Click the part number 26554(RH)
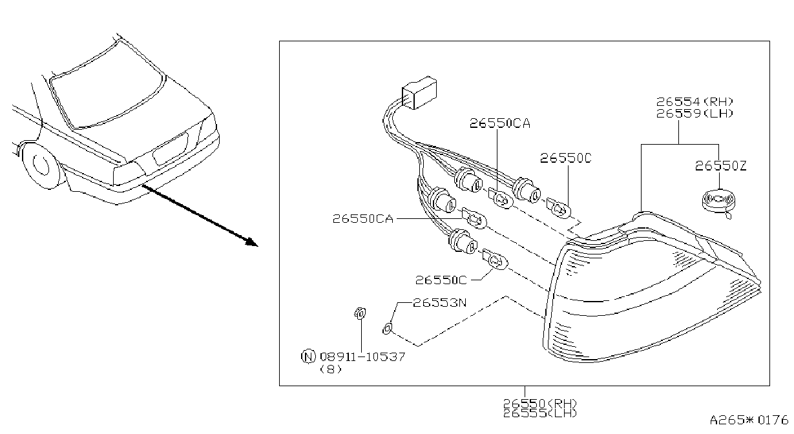(695, 102)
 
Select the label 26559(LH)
(695, 114)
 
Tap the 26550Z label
(720, 166)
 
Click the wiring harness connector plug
(419, 92)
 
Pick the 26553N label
(440, 303)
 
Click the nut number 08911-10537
(362, 356)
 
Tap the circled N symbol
(308, 356)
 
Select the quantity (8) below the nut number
(331, 369)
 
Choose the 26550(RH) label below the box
(540, 403)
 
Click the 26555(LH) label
(540, 413)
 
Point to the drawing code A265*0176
(749, 420)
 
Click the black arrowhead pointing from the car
(252, 242)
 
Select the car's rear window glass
(107, 85)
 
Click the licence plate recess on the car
(170, 149)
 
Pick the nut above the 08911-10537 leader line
(360, 313)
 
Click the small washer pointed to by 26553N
(387, 329)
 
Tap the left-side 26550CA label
(363, 219)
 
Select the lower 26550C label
(441, 280)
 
